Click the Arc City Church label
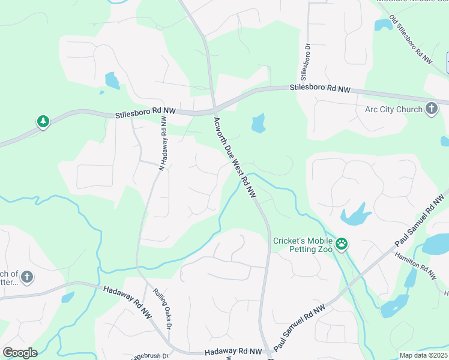[393, 109]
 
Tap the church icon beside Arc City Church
[431, 109]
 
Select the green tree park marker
[43, 122]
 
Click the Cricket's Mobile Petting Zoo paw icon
[342, 244]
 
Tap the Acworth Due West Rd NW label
[235, 158]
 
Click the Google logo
[20, 352]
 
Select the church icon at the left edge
[26, 277]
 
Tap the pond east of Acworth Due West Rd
[258, 123]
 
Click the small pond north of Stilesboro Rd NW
[112, 80]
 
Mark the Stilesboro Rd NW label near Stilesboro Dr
[319, 88]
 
